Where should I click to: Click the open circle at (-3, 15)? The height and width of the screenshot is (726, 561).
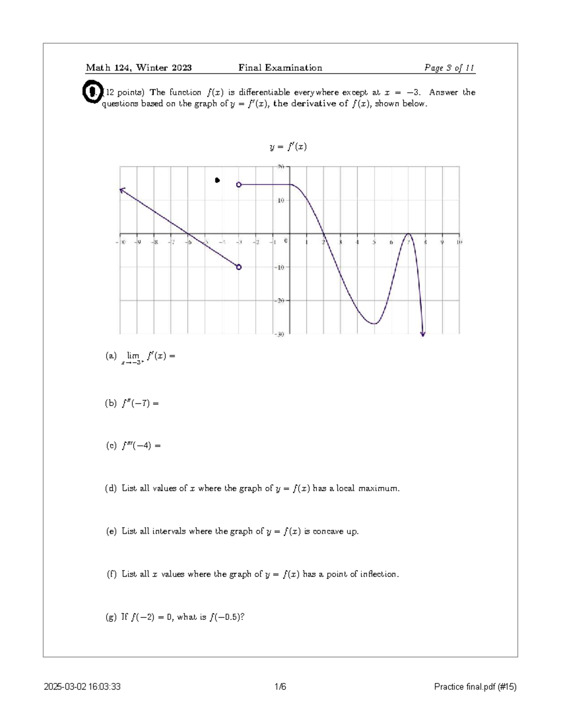[239, 185]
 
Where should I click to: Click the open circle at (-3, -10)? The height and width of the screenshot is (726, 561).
[239, 267]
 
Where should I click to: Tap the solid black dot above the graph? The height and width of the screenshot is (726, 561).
[217, 180]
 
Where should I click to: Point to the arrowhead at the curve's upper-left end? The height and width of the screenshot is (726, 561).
[122, 190]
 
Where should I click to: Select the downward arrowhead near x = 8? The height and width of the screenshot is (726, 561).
[423, 333]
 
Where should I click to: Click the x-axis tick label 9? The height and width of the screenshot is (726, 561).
[442, 242]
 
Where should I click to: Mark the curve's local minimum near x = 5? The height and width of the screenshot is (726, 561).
[374, 323]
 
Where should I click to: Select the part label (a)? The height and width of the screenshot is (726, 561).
[111, 356]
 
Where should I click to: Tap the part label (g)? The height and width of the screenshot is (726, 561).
[111, 617]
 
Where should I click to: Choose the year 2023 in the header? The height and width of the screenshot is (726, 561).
[181, 68]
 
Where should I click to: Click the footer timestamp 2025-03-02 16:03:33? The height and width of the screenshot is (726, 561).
[82, 687]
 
